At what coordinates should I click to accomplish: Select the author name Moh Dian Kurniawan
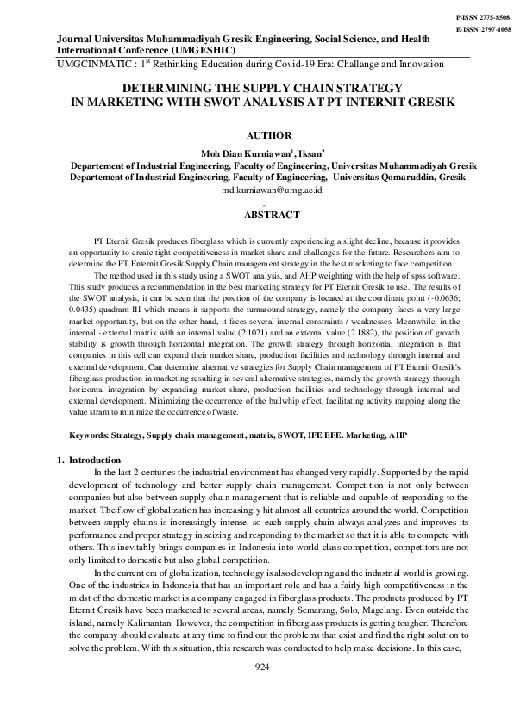point(237,152)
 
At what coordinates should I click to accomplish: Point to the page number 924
point(263,667)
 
